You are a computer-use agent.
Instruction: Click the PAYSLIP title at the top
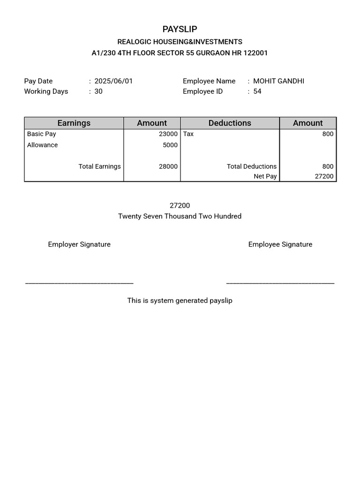click(180, 30)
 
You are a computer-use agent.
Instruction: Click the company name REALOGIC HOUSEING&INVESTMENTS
click(180, 42)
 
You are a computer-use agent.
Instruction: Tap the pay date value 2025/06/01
click(113, 81)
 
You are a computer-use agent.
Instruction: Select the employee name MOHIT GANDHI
click(278, 81)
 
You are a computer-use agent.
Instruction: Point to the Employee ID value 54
click(257, 91)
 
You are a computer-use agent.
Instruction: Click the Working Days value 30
click(98, 91)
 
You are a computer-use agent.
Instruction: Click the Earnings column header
click(74, 123)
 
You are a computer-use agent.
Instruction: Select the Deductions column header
click(230, 123)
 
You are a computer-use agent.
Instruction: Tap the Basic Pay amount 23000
click(168, 134)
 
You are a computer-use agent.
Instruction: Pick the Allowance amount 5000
click(170, 145)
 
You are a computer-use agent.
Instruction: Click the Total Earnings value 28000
click(168, 166)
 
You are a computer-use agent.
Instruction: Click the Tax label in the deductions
click(188, 134)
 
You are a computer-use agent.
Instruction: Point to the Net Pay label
click(265, 177)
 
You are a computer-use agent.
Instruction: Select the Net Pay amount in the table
click(324, 177)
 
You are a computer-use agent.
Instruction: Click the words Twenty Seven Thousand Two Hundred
click(180, 217)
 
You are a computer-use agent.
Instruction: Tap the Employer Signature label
click(79, 244)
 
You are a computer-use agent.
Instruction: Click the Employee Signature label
click(280, 244)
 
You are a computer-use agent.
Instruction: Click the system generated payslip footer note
click(180, 300)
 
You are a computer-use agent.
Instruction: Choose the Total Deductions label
click(252, 166)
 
